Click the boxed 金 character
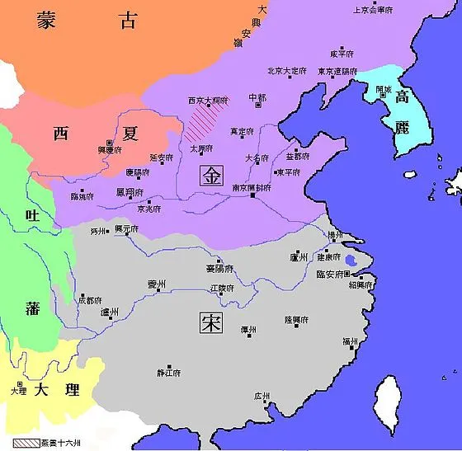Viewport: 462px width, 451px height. (212, 175)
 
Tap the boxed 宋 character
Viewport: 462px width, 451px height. (210, 322)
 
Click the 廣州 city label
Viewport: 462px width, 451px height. (262, 397)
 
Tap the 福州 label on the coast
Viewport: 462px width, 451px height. (350, 341)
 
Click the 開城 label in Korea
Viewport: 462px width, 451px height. (383, 89)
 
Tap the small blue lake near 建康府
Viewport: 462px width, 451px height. (351, 264)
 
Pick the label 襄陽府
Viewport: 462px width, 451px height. (219, 269)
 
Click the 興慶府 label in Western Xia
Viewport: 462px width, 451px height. (110, 150)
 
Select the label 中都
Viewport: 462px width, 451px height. (257, 97)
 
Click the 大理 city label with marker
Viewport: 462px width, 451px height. (18, 392)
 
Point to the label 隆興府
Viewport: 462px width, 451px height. (295, 320)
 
